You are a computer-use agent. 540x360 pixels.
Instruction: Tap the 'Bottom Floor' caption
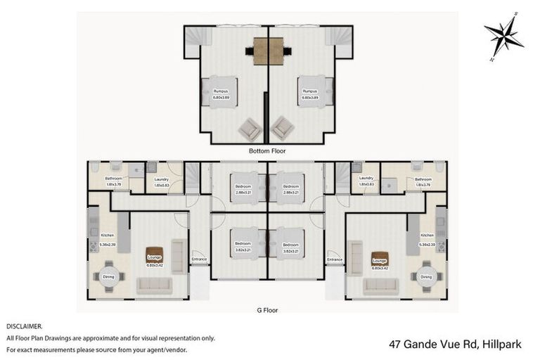click(267, 150)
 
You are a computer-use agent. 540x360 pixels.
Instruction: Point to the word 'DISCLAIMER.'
click(25, 326)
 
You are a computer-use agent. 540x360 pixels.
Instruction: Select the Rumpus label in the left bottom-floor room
click(221, 91)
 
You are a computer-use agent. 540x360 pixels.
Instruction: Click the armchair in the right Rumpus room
click(283, 129)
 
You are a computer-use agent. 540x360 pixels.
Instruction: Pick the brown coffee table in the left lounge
click(154, 255)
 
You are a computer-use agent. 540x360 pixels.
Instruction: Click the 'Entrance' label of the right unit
click(334, 260)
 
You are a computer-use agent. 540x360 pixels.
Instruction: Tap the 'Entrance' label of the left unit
click(200, 260)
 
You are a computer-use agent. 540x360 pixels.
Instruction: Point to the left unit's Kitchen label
click(107, 235)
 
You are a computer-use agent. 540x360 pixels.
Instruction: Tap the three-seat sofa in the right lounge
click(380, 285)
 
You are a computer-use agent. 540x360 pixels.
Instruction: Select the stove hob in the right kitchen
click(441, 247)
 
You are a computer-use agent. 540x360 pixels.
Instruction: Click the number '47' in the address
click(397, 344)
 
